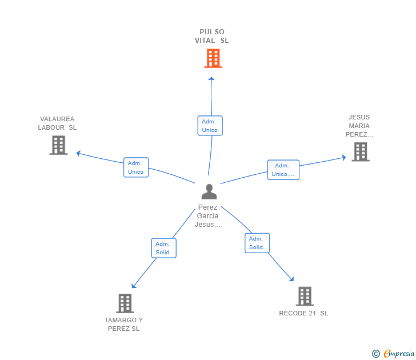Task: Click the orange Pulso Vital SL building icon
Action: [x=213, y=58]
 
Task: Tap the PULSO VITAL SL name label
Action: [x=211, y=36]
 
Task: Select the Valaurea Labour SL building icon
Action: [x=58, y=145]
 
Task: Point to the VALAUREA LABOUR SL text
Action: [x=57, y=123]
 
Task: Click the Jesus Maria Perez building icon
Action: [x=360, y=151]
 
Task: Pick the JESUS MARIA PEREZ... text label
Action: [x=359, y=126]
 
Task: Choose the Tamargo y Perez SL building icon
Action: [x=125, y=303]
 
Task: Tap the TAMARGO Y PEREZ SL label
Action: [x=123, y=324]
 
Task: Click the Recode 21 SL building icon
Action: [x=305, y=296]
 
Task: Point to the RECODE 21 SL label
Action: [x=303, y=313]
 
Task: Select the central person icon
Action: [x=209, y=191]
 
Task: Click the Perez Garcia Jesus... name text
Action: [x=208, y=216]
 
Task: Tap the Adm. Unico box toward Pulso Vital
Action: [x=210, y=126]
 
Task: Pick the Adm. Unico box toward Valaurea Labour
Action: [x=136, y=167]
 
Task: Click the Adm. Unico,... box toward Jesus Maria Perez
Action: [x=283, y=170]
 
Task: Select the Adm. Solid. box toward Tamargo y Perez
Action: [x=163, y=248]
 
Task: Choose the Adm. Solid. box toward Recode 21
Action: [x=257, y=243]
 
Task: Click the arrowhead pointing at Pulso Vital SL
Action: [x=211, y=79]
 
